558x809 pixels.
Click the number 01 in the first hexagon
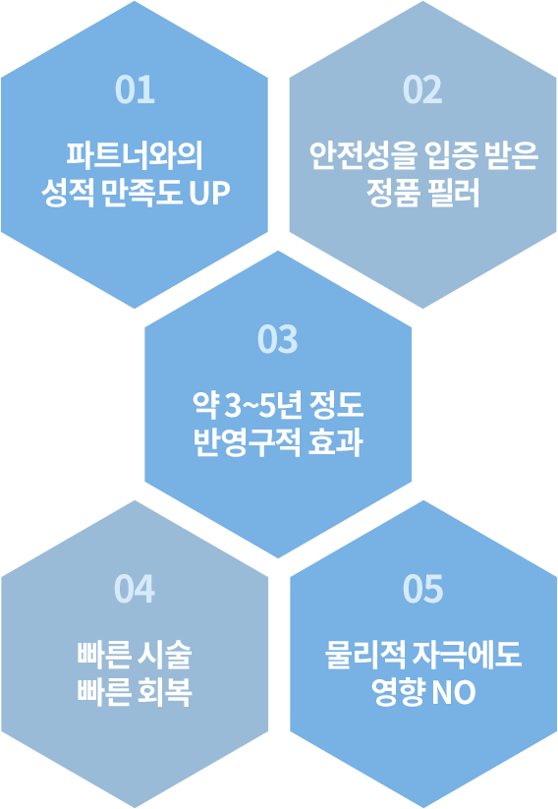135,89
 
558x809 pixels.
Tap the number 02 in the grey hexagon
422,89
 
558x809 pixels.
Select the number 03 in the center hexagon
278,339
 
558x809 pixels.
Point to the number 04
135,589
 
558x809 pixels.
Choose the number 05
422,589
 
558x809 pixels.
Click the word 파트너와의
136,155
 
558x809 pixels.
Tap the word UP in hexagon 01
209,193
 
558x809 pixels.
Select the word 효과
336,442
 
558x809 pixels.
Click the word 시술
165,655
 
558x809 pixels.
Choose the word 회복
165,692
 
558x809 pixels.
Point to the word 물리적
364,655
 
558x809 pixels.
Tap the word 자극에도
468,655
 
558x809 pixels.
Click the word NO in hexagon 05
453,692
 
